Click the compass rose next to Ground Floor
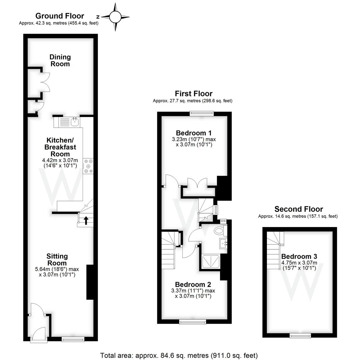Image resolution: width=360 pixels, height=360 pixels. tap(115, 16)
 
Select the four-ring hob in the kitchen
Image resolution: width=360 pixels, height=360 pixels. tap(89, 166)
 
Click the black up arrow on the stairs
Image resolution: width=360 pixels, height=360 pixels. tap(86, 220)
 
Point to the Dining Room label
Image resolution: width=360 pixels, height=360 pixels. tap(60, 60)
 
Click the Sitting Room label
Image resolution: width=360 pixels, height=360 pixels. tap(57, 259)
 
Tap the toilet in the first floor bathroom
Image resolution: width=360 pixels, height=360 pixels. tap(219, 230)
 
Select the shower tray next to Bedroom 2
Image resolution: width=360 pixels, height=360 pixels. tap(211, 261)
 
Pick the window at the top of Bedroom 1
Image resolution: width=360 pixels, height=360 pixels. tap(201, 114)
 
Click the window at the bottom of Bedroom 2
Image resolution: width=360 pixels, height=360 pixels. tap(193, 322)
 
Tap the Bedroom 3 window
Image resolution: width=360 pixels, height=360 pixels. tap(299, 336)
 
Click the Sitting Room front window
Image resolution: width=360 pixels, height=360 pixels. tap(73, 339)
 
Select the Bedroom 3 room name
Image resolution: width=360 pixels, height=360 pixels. tap(299, 256)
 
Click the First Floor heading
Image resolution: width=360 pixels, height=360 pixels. tap(193, 94)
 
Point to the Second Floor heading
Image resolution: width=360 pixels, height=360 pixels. tap(298, 209)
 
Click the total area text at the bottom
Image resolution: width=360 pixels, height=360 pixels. tap(179, 355)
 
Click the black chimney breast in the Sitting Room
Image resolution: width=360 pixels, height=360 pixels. tap(90, 282)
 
